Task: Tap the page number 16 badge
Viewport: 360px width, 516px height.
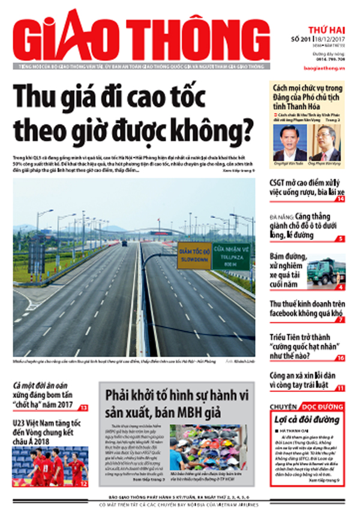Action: tap(340, 358)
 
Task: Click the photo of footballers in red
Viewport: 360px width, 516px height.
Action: tap(50, 466)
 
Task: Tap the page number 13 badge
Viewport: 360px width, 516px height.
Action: tap(84, 407)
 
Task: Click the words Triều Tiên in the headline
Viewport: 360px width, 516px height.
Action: tap(287, 340)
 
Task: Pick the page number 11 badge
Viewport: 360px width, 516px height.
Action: tap(340, 388)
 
